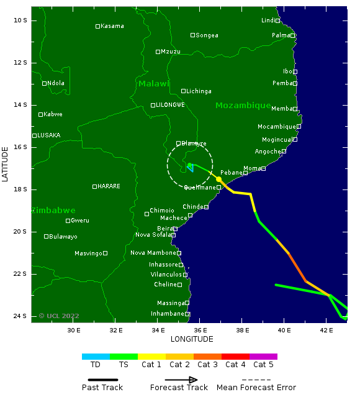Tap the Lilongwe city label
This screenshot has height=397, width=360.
click(170, 105)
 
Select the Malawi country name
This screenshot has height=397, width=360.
click(154, 84)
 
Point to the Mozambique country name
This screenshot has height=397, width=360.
click(243, 106)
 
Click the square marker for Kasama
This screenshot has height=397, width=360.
click(97, 26)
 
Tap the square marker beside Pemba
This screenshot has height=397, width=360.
click(295, 83)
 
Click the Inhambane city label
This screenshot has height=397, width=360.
click(167, 314)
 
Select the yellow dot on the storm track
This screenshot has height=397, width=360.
click(218, 179)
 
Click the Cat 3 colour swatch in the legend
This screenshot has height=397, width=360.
click(207, 357)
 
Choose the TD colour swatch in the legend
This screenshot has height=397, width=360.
click(96, 357)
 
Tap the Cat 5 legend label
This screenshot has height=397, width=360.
click(263, 365)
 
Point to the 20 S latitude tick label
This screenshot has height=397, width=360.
click(20, 232)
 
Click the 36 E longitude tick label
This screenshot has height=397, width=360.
click(200, 330)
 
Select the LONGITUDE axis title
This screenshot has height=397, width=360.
click(192, 339)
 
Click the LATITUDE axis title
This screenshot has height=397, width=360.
click(6, 163)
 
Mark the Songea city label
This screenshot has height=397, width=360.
click(207, 35)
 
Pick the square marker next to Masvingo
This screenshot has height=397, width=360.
click(105, 253)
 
